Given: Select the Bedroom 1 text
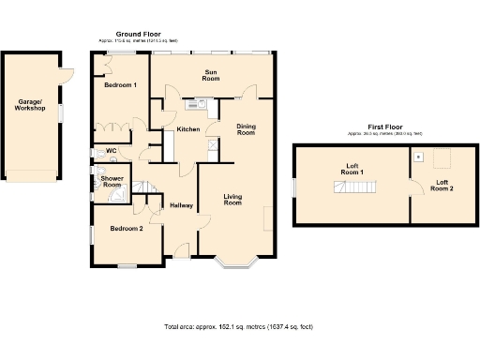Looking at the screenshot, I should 120,85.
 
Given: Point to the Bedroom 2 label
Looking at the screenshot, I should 126,228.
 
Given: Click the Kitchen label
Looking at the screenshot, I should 187,128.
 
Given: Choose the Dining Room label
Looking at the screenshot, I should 246,129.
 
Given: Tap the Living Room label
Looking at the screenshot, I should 232,200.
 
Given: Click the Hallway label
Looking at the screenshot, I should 181,205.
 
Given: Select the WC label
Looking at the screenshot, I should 111,150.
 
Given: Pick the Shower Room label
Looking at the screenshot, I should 112,181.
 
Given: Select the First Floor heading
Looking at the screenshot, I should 384,127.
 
